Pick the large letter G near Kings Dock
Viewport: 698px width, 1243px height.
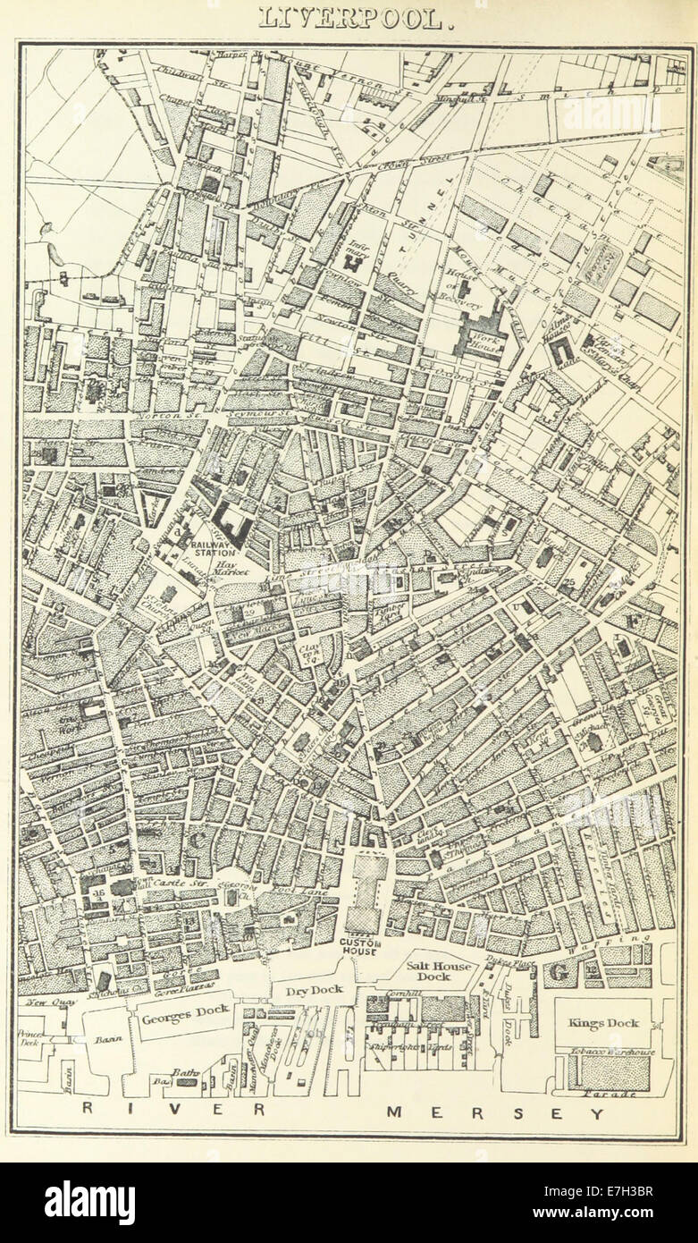[x=559, y=970]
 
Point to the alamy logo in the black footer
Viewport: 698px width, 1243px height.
[x=89, y=1202]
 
